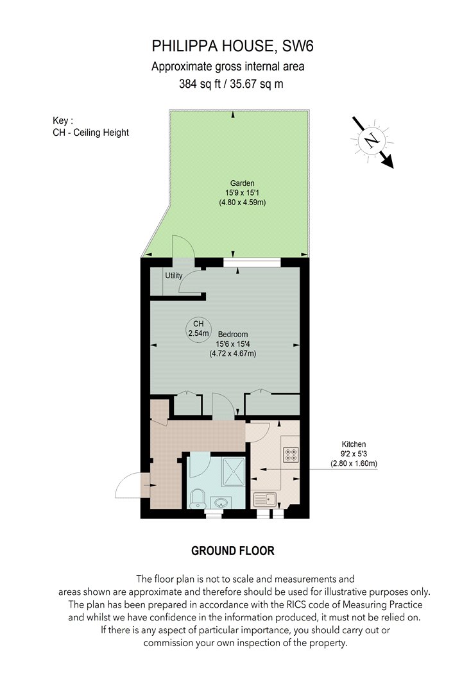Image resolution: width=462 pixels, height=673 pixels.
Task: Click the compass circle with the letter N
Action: point(372,140)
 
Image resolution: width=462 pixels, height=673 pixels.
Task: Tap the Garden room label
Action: point(243,183)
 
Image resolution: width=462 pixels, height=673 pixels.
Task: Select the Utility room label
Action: point(174,276)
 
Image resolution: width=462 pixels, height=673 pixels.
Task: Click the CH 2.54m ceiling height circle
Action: point(198,329)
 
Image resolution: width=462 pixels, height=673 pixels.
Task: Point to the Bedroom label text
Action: point(233,335)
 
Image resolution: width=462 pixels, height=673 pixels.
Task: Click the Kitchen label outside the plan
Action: point(354,444)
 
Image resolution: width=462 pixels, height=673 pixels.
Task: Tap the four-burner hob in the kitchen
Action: point(291,455)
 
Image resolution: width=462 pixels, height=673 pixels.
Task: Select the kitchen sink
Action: point(265,499)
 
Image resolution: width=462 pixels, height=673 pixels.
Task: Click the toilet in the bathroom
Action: point(197,498)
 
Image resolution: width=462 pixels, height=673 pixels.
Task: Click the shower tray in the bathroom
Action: point(234,471)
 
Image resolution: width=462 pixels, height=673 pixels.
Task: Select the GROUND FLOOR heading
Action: point(233,551)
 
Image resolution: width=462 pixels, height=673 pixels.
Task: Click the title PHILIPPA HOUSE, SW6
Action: point(232,46)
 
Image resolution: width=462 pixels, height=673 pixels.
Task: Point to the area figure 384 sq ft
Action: point(200,84)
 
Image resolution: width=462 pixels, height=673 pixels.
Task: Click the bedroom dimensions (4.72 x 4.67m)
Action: point(233,354)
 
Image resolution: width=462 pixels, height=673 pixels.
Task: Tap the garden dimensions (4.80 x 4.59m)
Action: point(243,202)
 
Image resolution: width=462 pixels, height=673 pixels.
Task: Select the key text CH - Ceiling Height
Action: point(90,133)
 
